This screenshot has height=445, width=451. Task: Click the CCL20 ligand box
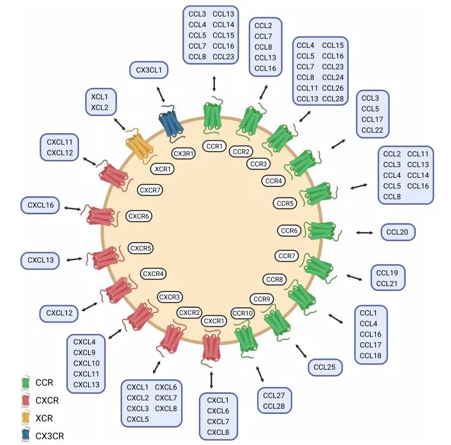pos(398,232)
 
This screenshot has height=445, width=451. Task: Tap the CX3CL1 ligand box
pos(149,70)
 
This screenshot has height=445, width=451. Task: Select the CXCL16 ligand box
pos(40,205)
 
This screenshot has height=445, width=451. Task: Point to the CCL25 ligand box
pos(325,367)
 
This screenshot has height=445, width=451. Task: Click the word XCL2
pos(100,108)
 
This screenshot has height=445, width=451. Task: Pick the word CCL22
pos(372,130)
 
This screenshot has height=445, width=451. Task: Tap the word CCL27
pos(274,395)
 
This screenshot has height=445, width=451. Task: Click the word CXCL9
pos(84,353)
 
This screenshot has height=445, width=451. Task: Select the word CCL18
pos(371,356)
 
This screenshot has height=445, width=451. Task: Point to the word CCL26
pos(333,88)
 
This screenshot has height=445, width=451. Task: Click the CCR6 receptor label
pos(289,231)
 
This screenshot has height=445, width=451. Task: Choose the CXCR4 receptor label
pos(153,274)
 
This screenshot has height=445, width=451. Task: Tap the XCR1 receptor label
pos(163,169)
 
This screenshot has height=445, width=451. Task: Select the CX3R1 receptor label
pos(184,154)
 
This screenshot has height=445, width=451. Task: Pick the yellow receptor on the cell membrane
pos(140,146)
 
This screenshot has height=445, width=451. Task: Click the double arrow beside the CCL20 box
pos(364,233)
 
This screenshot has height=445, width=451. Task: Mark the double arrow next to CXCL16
pos(72,208)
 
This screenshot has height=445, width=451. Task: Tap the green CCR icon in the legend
pos(26,383)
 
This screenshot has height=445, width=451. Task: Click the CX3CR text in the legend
pos(50,436)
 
